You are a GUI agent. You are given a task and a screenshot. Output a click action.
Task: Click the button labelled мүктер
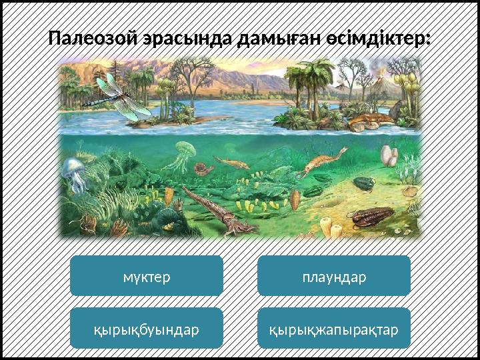pyautogui.click(x=147, y=276)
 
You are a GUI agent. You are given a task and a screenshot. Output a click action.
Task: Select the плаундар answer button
pyautogui.click(x=333, y=276)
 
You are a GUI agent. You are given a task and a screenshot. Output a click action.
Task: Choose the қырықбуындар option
pyautogui.click(x=147, y=328)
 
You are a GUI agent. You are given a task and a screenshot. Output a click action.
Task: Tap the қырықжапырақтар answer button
pyautogui.click(x=333, y=328)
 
